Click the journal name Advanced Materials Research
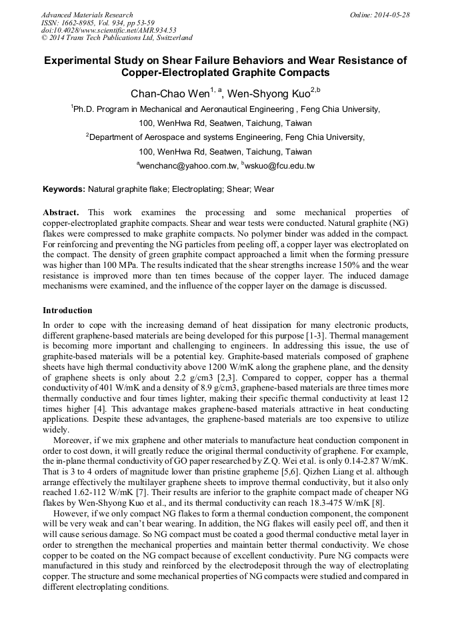(x=87, y=15)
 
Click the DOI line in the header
(x=109, y=30)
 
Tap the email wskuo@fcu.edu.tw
(x=280, y=166)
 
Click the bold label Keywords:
(x=64, y=189)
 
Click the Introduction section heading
(x=67, y=311)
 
